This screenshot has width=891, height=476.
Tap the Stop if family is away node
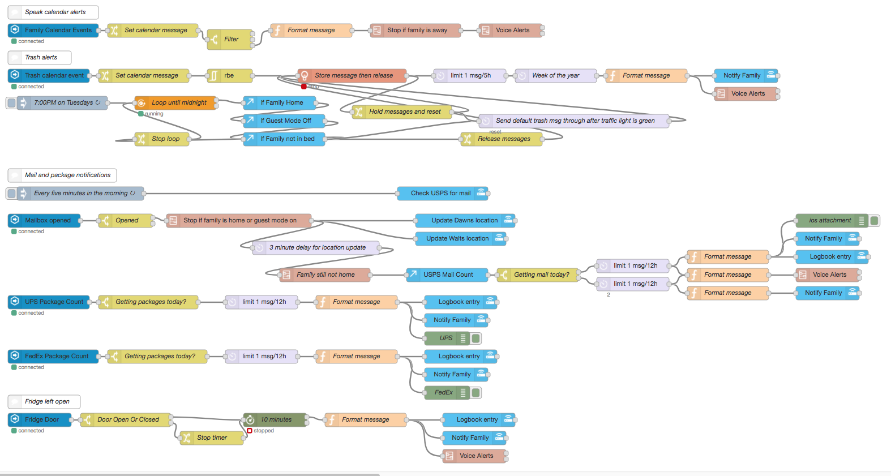pyautogui.click(x=416, y=30)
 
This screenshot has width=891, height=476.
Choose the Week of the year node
pyautogui.click(x=555, y=75)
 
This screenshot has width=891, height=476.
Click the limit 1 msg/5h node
pyautogui.click(x=469, y=75)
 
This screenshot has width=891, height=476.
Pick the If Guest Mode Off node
pyautogui.click(x=285, y=121)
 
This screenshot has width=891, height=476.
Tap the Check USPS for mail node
pyautogui.click(x=440, y=193)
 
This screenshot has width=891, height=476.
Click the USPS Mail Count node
pyautogui.click(x=447, y=275)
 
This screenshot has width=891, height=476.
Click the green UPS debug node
pyautogui.click(x=447, y=338)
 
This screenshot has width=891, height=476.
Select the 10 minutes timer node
pyautogui.click(x=276, y=419)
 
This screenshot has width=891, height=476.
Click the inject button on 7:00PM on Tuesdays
pyautogui.click(x=11, y=102)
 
